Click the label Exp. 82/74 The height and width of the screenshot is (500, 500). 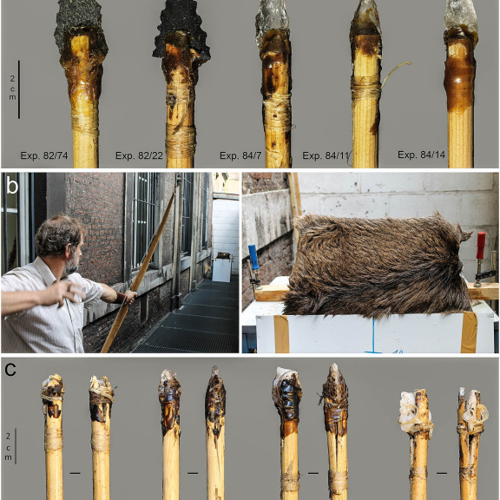pos(44,155)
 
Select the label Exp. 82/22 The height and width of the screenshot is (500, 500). pos(139,155)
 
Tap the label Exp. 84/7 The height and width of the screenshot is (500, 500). pos(240,155)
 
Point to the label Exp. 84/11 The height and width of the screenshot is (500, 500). pos(326,155)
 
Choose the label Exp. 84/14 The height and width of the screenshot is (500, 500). pos(421,155)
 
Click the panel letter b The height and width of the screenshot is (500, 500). pos(12,187)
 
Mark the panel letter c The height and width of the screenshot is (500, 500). pos(10,369)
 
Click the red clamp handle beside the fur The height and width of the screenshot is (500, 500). pos(481,245)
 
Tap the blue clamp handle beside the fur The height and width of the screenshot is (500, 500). pos(253,257)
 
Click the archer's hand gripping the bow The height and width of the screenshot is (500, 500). pos(129,297)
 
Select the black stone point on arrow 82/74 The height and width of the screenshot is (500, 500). pos(80,25)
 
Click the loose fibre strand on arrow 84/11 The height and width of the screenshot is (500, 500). pos(395,73)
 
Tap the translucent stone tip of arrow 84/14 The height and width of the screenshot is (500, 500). pos(460,16)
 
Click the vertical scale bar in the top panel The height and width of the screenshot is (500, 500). pos(19,89)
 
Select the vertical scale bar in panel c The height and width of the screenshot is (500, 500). pos(16,446)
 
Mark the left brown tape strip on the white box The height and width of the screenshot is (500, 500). pos(281,334)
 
